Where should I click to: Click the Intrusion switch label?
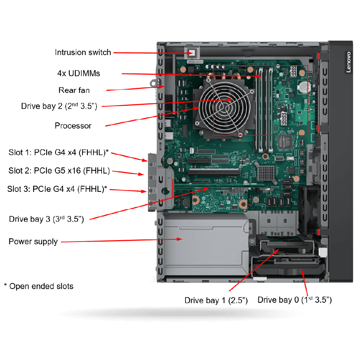pos(83,52)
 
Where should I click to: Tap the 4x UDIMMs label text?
pos(78,73)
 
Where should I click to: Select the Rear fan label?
pos(74,90)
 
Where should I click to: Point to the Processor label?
pos(73,126)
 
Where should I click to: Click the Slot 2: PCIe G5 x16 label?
pos(59,171)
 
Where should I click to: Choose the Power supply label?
pos(33,242)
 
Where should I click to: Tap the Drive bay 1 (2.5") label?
pos(216,301)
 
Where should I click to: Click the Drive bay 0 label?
pos(294,300)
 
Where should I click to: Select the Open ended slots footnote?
pos(39,286)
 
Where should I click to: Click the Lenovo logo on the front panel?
pos(348,62)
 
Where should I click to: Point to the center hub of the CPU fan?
pos(224,107)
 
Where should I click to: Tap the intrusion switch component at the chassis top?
pos(192,53)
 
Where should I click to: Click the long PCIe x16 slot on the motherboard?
pos(214,172)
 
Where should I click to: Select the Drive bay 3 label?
pos(46,219)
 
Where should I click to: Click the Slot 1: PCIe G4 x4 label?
pos(59,152)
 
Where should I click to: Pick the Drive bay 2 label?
pos(59,106)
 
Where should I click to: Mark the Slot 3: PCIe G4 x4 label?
pos(57,189)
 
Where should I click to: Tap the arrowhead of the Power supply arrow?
pos(180,239)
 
